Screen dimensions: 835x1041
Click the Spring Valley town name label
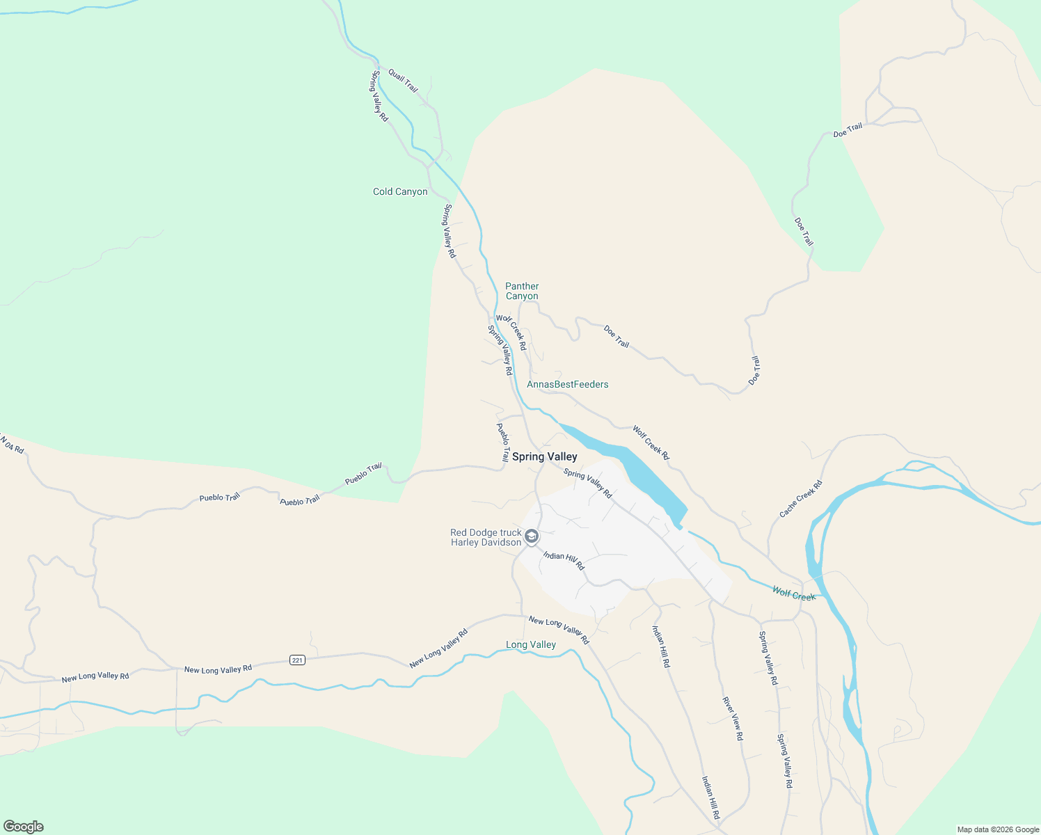point(544,456)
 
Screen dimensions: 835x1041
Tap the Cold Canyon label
point(400,191)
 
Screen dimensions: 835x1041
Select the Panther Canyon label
point(522,291)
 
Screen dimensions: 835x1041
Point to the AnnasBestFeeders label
point(567,384)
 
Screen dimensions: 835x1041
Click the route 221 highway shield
point(297,660)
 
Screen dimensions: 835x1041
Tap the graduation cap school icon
point(532,536)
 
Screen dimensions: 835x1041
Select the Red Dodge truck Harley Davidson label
point(486,537)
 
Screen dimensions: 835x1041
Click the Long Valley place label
point(530,644)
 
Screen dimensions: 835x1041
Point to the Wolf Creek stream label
point(793,593)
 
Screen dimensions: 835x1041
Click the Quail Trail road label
point(403,80)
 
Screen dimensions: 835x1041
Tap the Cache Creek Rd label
point(800,499)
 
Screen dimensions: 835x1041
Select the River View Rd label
point(732,718)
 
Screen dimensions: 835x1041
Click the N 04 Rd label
point(12,445)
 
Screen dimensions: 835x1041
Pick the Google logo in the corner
point(23,827)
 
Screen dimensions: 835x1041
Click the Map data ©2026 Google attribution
point(998,829)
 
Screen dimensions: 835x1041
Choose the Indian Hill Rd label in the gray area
point(564,561)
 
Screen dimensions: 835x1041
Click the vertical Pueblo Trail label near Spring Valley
point(502,442)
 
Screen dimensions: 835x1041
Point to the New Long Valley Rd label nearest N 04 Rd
point(95,676)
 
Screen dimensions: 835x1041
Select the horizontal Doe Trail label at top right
point(848,129)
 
